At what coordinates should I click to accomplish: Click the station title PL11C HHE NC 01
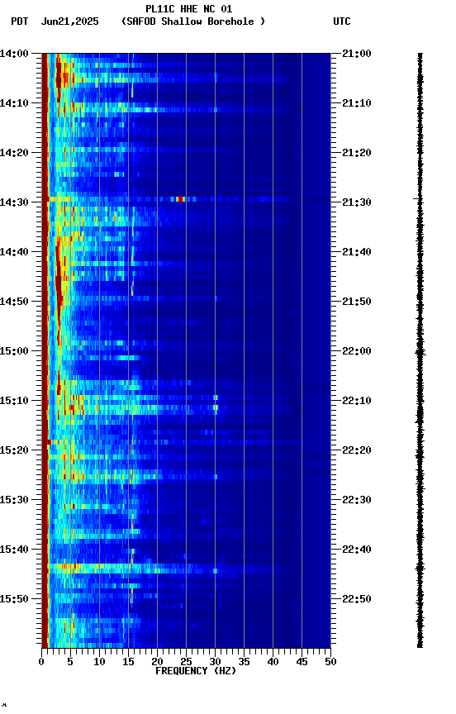click(189, 9)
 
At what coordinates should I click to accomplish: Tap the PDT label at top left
click(19, 21)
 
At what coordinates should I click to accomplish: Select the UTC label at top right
click(342, 21)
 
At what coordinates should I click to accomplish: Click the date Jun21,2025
click(69, 21)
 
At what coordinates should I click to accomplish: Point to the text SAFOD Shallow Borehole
click(192, 21)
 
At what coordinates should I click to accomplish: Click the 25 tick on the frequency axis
click(186, 661)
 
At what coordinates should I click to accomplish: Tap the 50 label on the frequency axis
click(330, 661)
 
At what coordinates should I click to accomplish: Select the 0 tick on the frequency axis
click(41, 661)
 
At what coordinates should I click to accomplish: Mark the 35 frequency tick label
click(244, 661)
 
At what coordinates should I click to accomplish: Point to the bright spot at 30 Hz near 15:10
click(216, 402)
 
